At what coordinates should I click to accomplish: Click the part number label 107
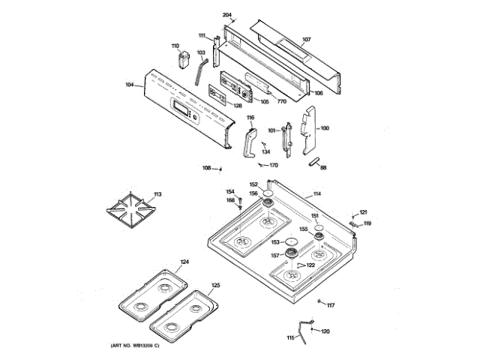(306, 39)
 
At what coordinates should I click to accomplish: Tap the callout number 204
(228, 15)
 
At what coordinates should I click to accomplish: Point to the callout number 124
(184, 262)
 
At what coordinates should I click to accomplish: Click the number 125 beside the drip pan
(215, 285)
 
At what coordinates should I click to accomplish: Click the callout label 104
(130, 85)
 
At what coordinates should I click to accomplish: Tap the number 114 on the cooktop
(316, 195)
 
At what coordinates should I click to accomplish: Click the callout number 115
(290, 338)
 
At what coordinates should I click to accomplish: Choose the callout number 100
(324, 128)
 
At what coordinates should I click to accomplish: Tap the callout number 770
(282, 100)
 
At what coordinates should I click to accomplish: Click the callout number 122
(310, 265)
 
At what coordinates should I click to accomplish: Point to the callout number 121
(364, 211)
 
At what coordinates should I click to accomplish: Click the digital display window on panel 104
(181, 110)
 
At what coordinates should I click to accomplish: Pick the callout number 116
(250, 118)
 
